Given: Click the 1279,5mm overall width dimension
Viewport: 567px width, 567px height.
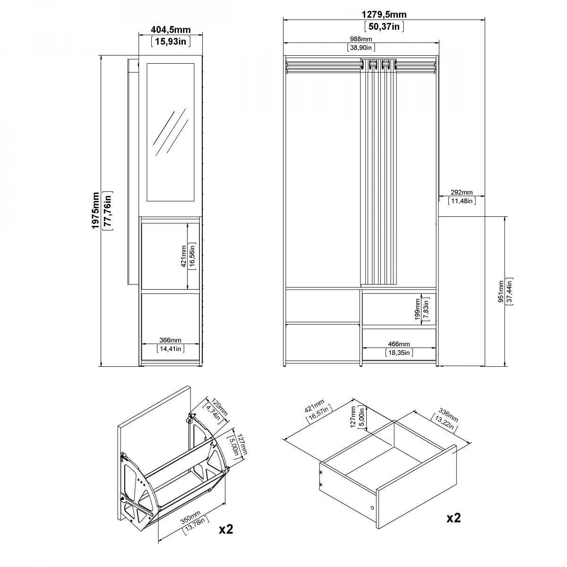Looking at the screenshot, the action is (384, 14).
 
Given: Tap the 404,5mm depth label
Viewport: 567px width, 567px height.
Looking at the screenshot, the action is (171, 30).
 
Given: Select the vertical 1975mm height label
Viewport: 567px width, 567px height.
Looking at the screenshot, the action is (95, 210).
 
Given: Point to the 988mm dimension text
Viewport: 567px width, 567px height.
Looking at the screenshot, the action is (361, 39).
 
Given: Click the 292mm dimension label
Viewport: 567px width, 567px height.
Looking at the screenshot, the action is (462, 192).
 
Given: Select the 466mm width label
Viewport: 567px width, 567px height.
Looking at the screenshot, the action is (399, 344).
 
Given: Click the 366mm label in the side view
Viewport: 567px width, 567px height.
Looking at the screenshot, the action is (171, 340).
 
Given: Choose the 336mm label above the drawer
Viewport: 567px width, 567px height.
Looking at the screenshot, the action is (448, 414).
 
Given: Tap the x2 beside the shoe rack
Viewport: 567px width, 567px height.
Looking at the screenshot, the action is (226, 529).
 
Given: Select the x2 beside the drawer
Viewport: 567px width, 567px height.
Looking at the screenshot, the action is (454, 517).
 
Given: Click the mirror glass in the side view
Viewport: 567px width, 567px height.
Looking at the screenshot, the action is (171, 132).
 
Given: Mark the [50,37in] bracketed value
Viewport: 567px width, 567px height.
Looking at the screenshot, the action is (384, 26).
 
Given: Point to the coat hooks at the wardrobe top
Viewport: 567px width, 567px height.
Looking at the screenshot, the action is (378, 65).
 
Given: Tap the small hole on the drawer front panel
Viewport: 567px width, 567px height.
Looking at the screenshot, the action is (372, 508).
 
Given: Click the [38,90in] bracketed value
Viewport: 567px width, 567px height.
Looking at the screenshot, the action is (361, 47).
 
